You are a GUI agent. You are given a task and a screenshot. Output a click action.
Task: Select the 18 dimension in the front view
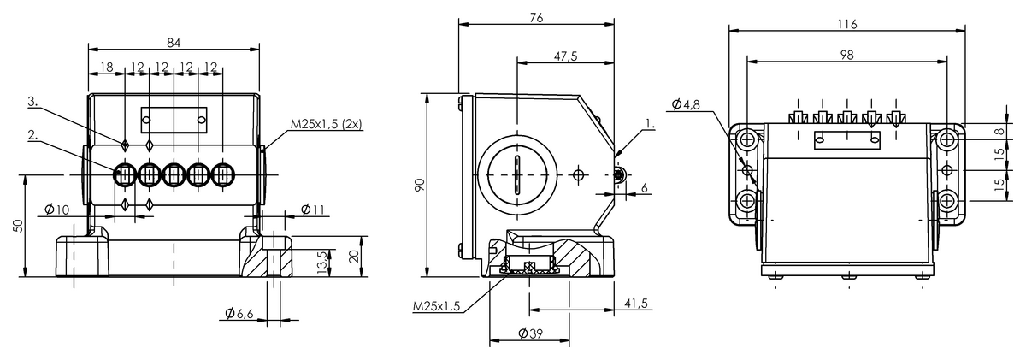pos(107,67)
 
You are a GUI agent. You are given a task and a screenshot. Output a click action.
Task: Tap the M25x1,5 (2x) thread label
pos(327,124)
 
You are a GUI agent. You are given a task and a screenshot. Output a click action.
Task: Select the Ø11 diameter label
pos(314,210)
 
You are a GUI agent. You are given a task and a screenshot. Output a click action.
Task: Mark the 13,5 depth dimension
pos(321,262)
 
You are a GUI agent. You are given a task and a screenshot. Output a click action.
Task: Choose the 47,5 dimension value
pos(565,56)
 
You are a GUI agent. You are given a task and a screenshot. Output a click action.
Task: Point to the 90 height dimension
pos(419,186)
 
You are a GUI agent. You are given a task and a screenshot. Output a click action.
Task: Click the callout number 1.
pos(650,124)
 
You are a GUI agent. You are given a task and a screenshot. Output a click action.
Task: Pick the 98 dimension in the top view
pos(846,53)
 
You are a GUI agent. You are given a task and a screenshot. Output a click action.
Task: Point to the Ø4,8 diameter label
pos(687,104)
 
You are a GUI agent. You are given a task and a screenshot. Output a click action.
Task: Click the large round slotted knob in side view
pos(516,174)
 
